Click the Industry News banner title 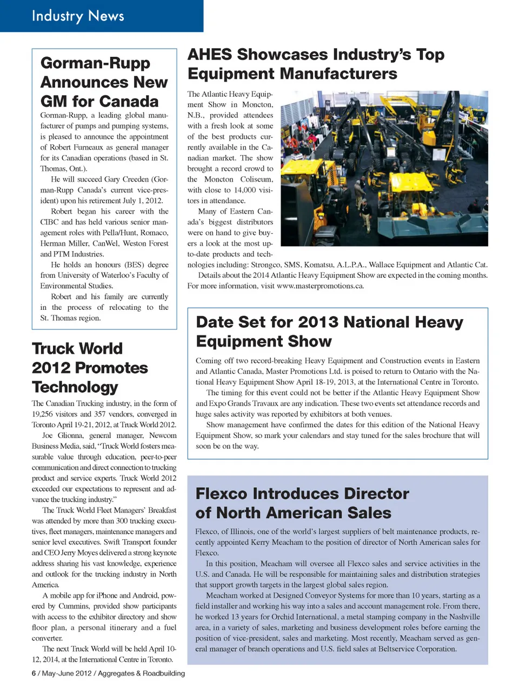tap(78, 16)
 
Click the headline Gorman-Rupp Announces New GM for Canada tap(104, 82)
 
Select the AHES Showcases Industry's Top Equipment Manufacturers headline tap(316, 64)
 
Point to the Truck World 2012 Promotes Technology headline tap(90, 368)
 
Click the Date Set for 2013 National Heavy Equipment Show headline tap(329, 332)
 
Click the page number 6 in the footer tap(34, 673)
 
